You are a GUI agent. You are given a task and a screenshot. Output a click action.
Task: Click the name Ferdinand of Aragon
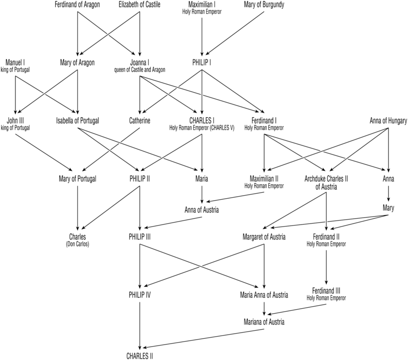tap(77, 5)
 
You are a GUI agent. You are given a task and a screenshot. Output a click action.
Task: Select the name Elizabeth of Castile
tap(140, 5)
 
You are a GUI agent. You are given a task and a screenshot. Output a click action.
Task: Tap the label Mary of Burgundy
tap(264, 5)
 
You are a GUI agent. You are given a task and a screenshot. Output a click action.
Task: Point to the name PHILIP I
tap(202, 63)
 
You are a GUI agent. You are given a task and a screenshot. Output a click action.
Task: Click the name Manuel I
tap(15, 62)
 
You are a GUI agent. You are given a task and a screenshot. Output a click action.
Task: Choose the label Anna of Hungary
tap(389, 120)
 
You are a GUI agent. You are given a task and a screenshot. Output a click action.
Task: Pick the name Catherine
tap(139, 120)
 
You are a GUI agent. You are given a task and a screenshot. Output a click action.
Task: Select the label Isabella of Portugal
tap(78, 120)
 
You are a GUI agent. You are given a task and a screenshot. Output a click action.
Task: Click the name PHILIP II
tap(139, 178)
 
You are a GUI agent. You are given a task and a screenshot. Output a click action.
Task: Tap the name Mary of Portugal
tap(77, 178)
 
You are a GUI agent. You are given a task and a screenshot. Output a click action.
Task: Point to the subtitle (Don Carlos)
tap(77, 243)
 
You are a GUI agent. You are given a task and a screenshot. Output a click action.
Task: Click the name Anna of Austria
tap(202, 210)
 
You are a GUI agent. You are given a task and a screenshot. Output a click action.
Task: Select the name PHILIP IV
tap(139, 294)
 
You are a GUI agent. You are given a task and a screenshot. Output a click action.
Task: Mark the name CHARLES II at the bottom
tap(139, 356)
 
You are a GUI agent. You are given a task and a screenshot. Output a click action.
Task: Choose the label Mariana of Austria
tap(264, 322)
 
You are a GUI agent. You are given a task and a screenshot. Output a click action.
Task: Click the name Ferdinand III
tap(326, 290)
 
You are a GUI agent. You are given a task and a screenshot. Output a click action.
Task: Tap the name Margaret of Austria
tap(264, 237)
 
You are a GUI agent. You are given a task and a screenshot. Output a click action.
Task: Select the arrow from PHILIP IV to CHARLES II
tap(139, 324)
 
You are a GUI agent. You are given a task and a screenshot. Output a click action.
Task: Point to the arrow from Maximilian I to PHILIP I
tap(202, 35)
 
